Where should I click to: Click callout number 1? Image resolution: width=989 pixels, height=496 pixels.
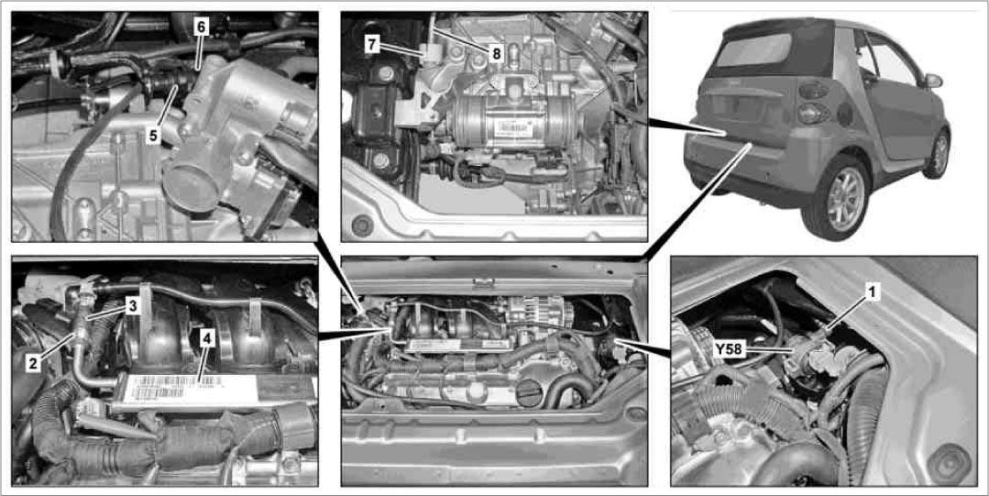point(872,292)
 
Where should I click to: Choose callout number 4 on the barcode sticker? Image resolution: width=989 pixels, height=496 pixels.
point(208,337)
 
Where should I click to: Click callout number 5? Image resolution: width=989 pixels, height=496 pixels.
point(153,135)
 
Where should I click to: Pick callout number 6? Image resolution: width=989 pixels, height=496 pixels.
point(201,28)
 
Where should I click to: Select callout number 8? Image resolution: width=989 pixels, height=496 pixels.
point(497,54)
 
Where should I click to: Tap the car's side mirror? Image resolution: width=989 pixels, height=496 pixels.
point(932,81)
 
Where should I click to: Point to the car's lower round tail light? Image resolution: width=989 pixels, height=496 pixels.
point(809,113)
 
